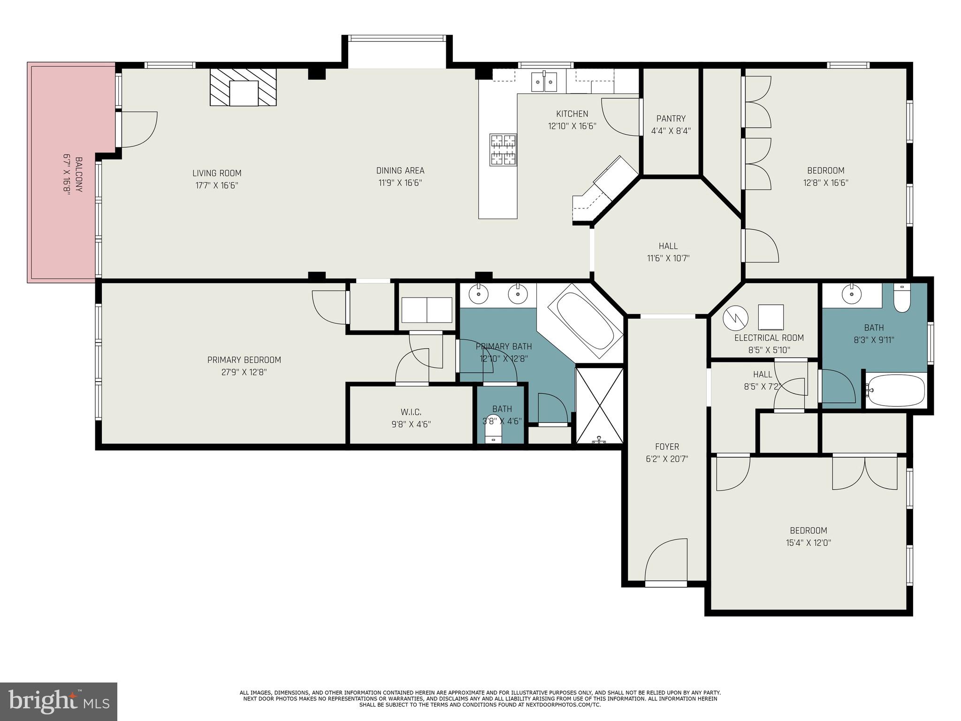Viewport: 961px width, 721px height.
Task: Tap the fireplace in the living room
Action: click(243, 88)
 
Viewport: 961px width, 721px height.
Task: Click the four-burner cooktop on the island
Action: click(503, 150)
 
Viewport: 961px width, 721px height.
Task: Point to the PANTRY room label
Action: click(671, 119)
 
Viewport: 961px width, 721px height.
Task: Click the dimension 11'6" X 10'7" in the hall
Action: click(668, 258)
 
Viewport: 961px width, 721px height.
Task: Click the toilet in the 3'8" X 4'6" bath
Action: click(493, 434)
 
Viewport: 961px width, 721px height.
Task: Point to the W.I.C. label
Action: click(411, 412)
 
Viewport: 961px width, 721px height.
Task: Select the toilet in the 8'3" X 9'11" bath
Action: click(902, 299)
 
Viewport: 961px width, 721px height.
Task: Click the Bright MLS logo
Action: click(58, 701)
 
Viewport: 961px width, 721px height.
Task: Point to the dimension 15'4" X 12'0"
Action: click(808, 543)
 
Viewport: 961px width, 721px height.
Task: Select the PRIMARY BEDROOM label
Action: click(244, 360)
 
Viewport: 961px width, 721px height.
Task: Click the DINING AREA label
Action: click(400, 171)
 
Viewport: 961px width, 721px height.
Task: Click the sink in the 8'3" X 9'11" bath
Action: click(850, 295)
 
